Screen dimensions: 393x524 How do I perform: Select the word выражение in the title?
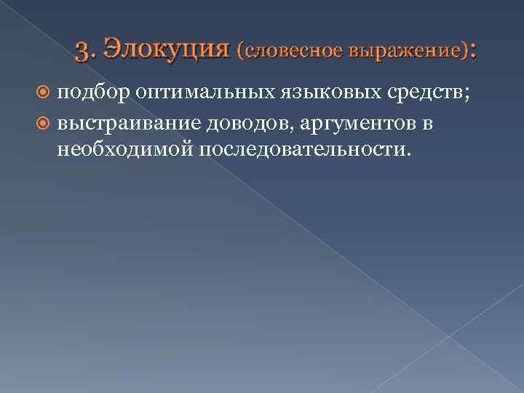[x=408, y=52]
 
